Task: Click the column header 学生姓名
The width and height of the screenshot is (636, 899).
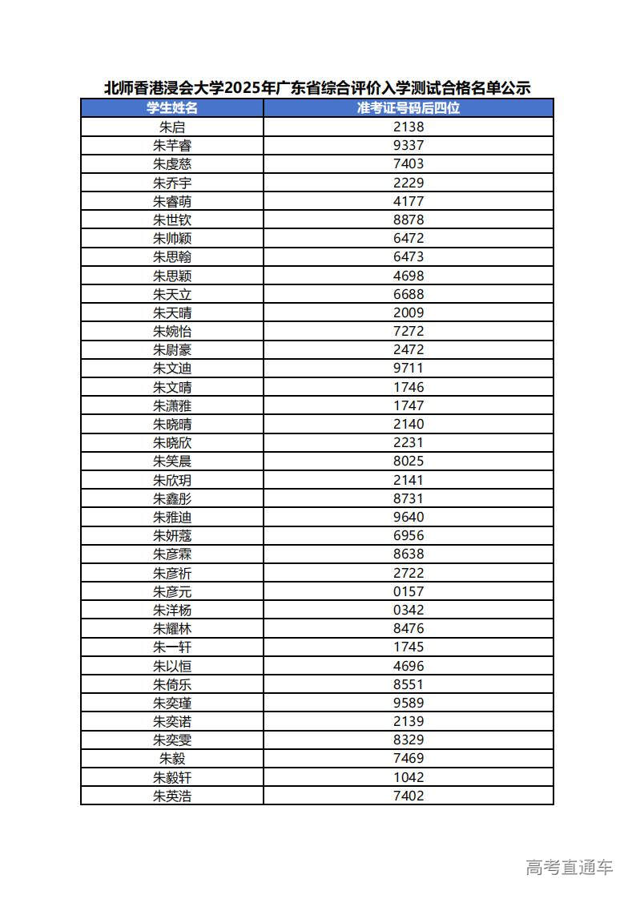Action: (172, 108)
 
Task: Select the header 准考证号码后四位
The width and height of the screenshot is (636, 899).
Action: (409, 108)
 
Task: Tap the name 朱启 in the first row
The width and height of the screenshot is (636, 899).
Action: (172, 127)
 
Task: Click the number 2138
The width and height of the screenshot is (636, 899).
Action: (409, 127)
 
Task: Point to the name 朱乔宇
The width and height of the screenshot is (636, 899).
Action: (172, 183)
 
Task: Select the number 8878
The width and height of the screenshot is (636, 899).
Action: (409, 220)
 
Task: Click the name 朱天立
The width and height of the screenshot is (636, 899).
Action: (172, 294)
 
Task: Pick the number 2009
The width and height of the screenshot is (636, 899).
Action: (409, 312)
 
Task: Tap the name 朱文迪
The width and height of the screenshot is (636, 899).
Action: (172, 369)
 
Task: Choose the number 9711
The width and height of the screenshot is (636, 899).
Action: (409, 369)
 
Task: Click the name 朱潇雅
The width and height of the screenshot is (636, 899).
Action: (172, 405)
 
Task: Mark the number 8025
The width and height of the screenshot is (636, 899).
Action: (409, 462)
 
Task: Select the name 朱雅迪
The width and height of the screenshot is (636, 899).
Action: (172, 518)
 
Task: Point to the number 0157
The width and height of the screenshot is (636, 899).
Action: (409, 591)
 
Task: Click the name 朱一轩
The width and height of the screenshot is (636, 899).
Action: (172, 647)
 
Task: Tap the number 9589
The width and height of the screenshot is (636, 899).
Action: (409, 703)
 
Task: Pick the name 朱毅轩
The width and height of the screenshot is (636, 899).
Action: (172, 777)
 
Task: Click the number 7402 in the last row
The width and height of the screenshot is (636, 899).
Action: (409, 796)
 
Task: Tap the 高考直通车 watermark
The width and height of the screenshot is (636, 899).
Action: (570, 867)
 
